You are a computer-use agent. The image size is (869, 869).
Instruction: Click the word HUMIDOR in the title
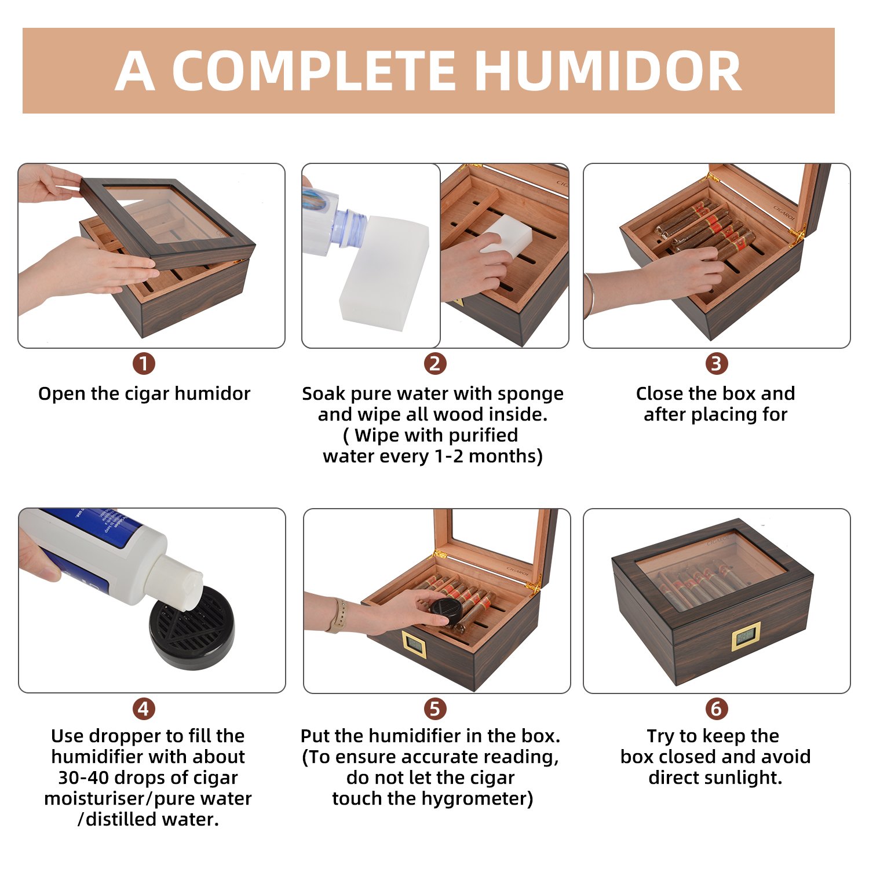point(609,71)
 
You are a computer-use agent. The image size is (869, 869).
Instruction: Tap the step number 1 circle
point(144,364)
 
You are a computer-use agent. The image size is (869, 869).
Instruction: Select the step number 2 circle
point(435,364)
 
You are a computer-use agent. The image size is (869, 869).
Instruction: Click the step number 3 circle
point(717,364)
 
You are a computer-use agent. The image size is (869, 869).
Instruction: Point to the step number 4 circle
point(144,709)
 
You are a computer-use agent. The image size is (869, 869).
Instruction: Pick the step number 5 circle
point(435,709)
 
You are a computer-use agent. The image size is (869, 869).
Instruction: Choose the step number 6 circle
point(717,709)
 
